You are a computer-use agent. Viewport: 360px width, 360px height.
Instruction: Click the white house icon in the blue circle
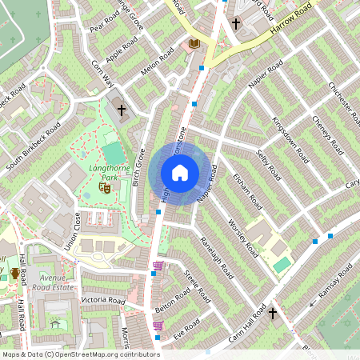tap(180, 172)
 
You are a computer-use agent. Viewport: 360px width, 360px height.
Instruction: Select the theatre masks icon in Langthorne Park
tap(103, 187)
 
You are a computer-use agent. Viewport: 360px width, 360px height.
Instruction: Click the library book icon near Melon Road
tap(194, 43)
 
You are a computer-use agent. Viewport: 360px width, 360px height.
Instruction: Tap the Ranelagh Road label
tap(218, 254)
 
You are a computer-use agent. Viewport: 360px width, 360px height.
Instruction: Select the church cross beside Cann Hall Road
tap(273, 314)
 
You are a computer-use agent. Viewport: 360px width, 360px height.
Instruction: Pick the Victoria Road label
tap(102, 301)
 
